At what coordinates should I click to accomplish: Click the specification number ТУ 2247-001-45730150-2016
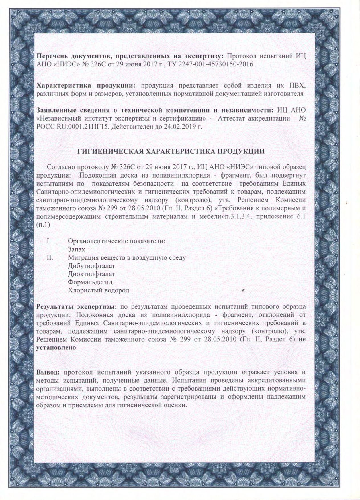(x=216, y=64)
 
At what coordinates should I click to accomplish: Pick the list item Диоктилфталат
(x=91, y=274)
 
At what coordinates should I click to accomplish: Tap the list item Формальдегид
(x=90, y=282)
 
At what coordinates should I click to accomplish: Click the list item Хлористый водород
(x=99, y=290)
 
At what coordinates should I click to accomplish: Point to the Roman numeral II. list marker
(x=50, y=257)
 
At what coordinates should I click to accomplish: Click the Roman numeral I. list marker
(x=49, y=241)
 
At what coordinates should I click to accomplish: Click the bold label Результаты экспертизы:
(x=77, y=307)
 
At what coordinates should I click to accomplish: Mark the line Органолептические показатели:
(x=116, y=241)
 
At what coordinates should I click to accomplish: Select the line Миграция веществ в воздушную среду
(x=127, y=257)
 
